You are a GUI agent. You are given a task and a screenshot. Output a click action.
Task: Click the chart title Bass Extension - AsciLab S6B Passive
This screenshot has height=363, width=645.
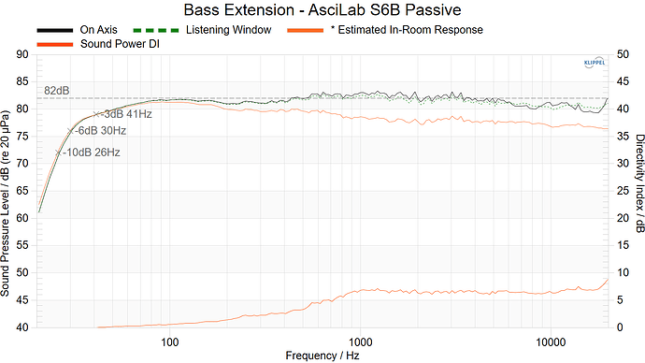322,10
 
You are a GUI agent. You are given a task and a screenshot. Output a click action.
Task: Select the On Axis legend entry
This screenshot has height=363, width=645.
98,30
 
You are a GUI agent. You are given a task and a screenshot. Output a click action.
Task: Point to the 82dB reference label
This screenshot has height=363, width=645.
58,91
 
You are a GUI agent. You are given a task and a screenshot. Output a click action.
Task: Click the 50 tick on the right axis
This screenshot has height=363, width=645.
621,54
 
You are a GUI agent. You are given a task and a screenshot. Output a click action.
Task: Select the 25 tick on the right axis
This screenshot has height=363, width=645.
621,191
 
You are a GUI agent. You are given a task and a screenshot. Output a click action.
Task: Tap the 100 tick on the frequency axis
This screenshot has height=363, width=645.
170,339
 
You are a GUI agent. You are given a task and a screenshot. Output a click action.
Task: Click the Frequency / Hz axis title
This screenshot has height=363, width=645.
322,355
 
